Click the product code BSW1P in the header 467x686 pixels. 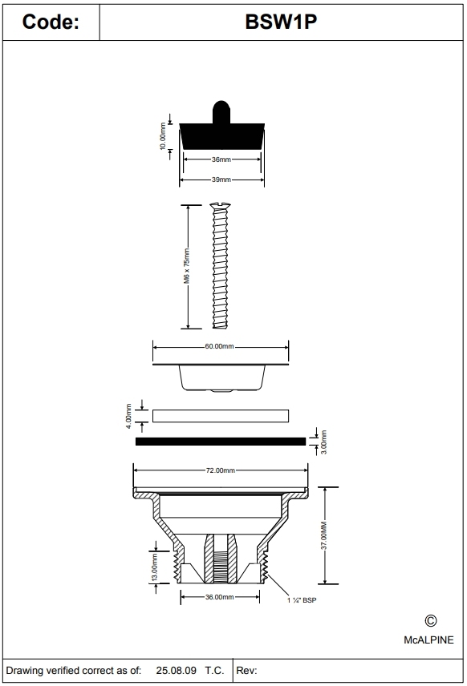tap(282, 22)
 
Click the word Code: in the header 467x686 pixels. tap(50, 22)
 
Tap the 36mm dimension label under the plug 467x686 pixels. tap(221, 159)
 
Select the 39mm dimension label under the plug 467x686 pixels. tap(221, 180)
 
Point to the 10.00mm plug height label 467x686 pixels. tap(164, 137)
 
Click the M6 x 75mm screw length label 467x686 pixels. tap(187, 267)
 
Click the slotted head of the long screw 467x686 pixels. tap(221, 207)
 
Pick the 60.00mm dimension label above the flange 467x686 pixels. tap(220, 346)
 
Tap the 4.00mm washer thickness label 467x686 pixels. tap(128, 416)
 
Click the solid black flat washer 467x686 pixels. tap(221, 440)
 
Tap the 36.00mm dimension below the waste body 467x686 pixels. tap(218, 597)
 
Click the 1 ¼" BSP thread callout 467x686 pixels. tap(303, 599)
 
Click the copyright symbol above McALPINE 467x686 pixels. tap(430, 620)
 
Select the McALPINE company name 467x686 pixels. tap(428, 640)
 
